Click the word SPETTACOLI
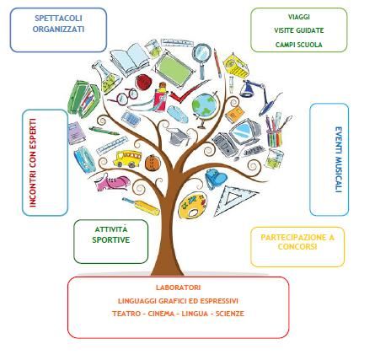(58, 19)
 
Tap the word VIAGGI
(299, 17)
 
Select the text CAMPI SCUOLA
(299, 45)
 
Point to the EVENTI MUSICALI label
(339, 159)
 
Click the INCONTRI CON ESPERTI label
(33, 163)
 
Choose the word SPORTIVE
(111, 240)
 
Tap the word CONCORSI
(297, 247)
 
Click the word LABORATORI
(179, 287)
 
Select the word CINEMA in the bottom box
(161, 314)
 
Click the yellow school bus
(127, 159)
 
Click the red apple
(143, 82)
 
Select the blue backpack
(216, 179)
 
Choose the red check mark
(187, 93)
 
